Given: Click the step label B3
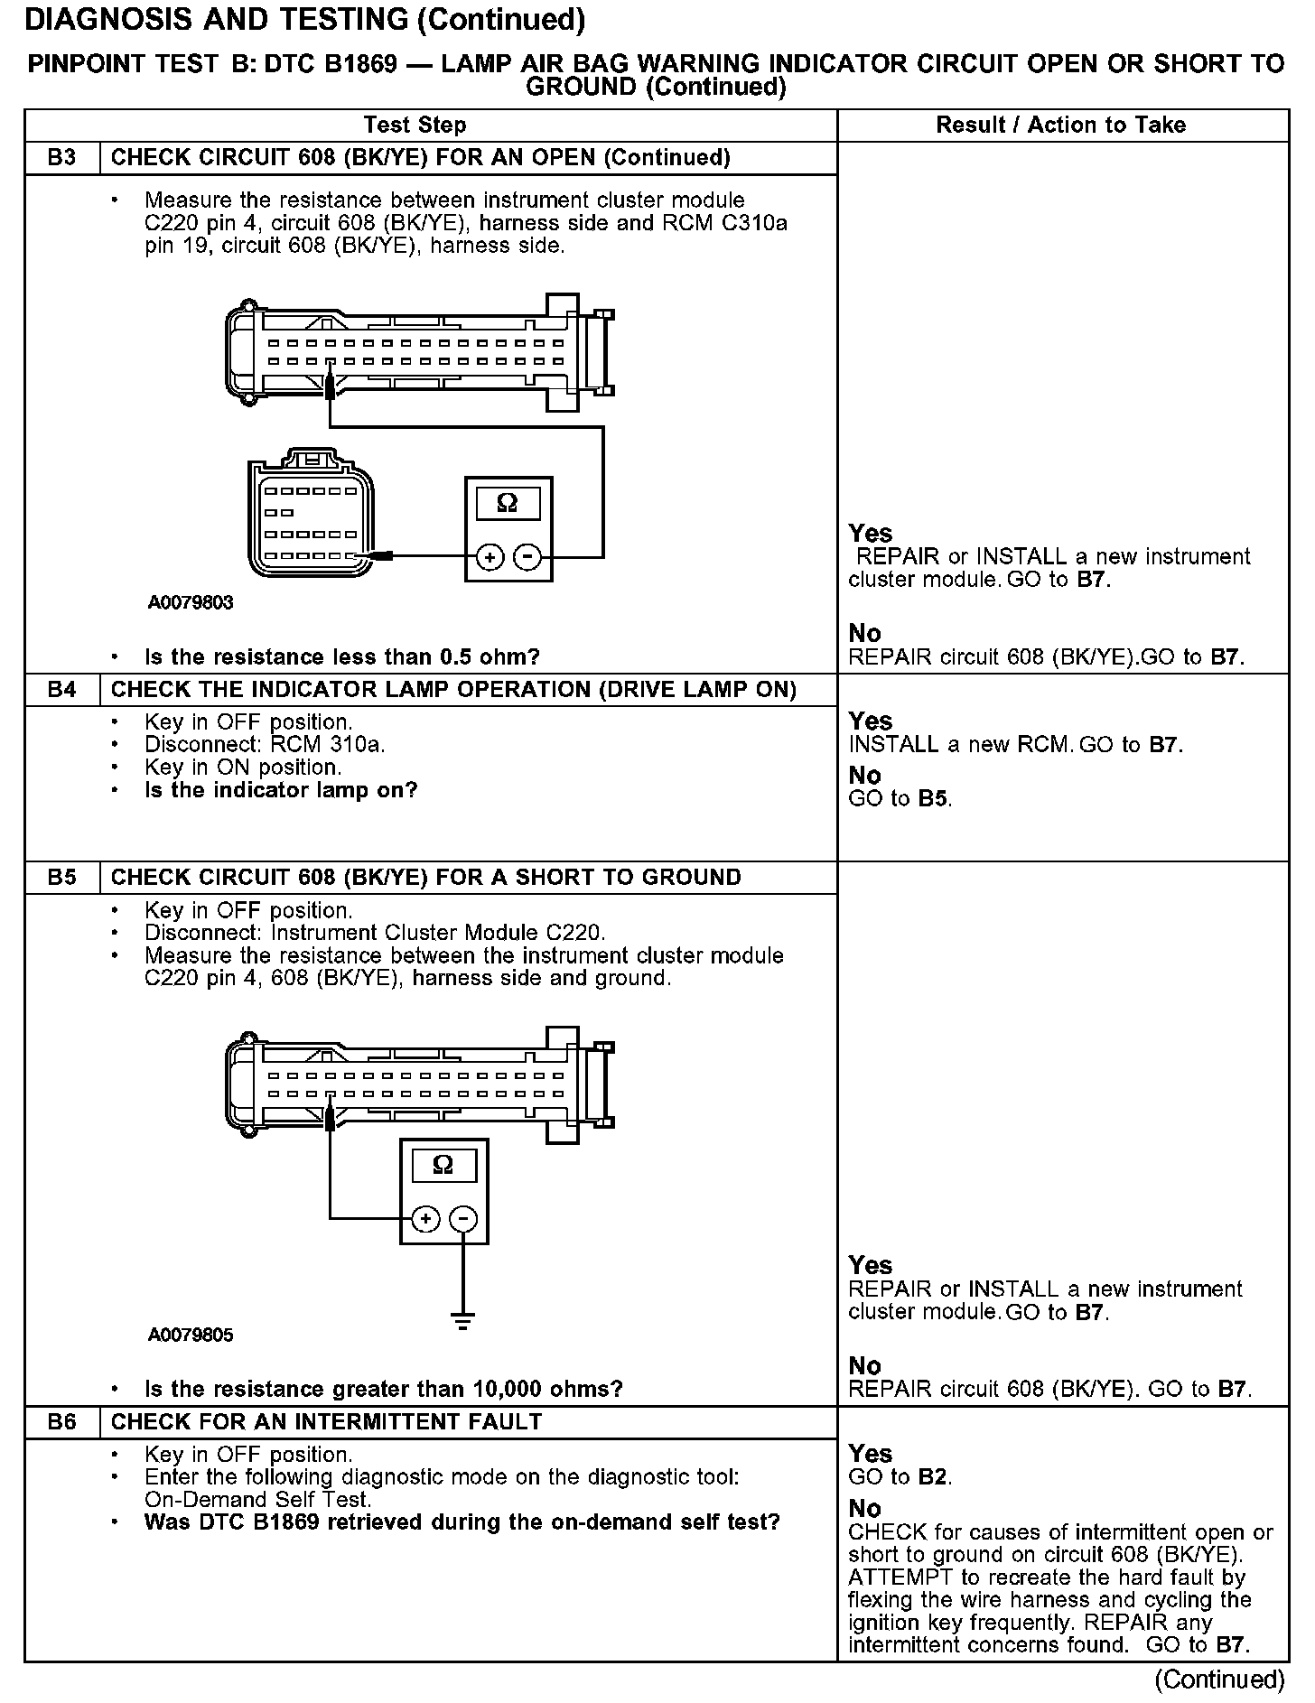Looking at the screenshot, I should pos(61,158).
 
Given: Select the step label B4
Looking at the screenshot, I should pos(61,690).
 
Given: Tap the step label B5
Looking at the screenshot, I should pos(61,878).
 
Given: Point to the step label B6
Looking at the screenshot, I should pos(61,1422).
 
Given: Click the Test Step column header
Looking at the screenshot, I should pos(415,126).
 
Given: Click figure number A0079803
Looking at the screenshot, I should pos(191,602).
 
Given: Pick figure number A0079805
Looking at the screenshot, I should pos(191,1335).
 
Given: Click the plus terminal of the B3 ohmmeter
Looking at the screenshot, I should pos(490,557).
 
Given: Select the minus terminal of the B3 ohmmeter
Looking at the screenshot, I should pos(527,557).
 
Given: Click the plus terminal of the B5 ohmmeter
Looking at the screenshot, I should pos(425,1220).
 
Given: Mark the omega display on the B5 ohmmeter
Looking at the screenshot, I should pos(443,1165).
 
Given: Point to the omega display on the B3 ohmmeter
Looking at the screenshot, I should pos(508,503).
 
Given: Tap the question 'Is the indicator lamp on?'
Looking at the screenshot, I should pos(281,791).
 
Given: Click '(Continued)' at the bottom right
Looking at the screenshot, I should pos(1219,1679).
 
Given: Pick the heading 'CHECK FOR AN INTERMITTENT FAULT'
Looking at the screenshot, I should pos(326,1422).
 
